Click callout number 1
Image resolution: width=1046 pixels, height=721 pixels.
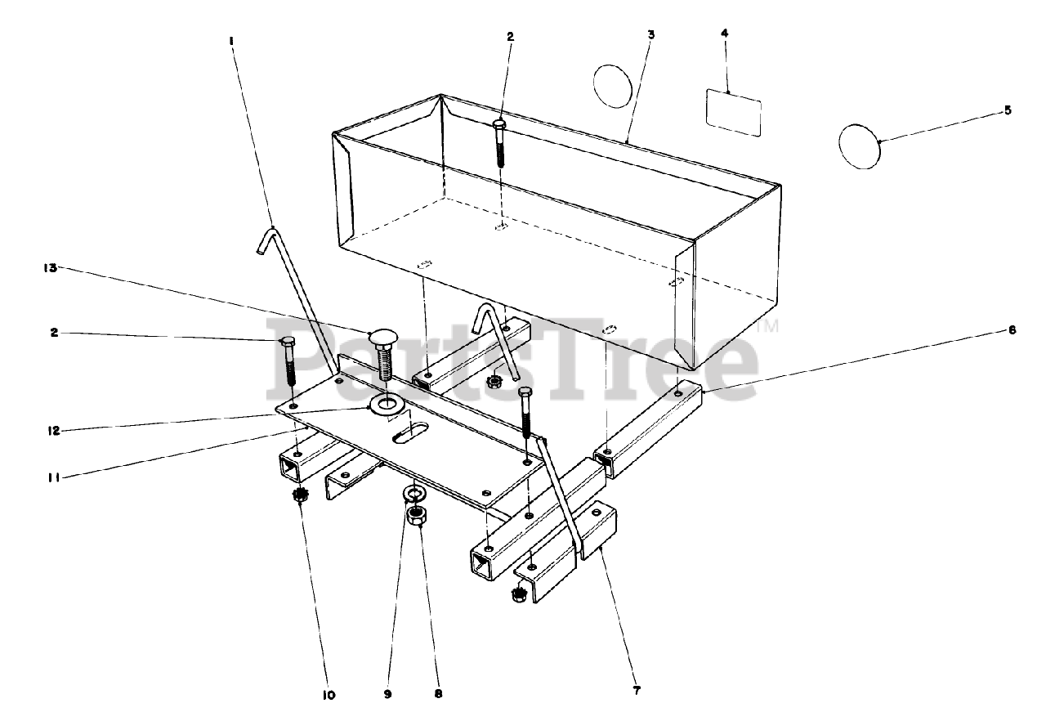pos(230,41)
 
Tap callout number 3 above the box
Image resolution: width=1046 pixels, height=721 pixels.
pos(651,34)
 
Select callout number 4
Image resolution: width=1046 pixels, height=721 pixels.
pos(724,34)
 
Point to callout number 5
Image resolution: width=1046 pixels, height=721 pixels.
pos(1008,110)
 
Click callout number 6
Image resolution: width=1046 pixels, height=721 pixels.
pos(1012,330)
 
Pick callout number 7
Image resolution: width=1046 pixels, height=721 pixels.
pos(637,691)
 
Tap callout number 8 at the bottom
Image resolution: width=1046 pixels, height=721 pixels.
pos(438,694)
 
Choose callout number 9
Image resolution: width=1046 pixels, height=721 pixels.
pos(387,694)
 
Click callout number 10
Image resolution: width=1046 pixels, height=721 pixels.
pos(329,696)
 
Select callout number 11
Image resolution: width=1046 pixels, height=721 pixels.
pos(55,477)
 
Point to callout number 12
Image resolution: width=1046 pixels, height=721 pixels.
pos(55,431)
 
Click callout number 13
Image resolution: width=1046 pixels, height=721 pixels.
pos(51,268)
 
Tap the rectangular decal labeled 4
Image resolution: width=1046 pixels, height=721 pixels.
pos(734,113)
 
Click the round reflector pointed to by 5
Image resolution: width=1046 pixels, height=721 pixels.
pos(859,146)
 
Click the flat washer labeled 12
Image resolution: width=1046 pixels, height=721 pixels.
pos(386,402)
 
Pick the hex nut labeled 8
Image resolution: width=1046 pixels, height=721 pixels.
pos(415,516)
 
